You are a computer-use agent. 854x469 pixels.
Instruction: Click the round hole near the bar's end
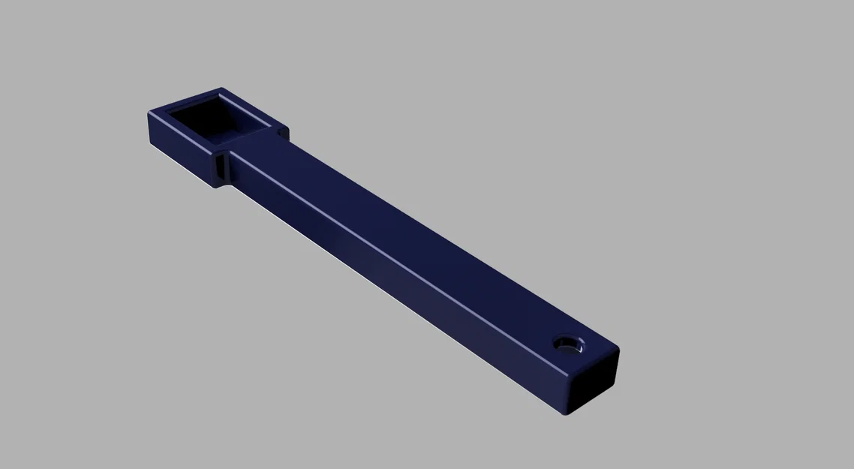tap(570, 344)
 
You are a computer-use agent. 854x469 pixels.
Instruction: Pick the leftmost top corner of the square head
tap(150, 113)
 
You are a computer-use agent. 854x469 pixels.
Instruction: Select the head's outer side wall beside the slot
tap(180, 150)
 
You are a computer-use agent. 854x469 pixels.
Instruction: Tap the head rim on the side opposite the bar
tap(184, 100)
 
